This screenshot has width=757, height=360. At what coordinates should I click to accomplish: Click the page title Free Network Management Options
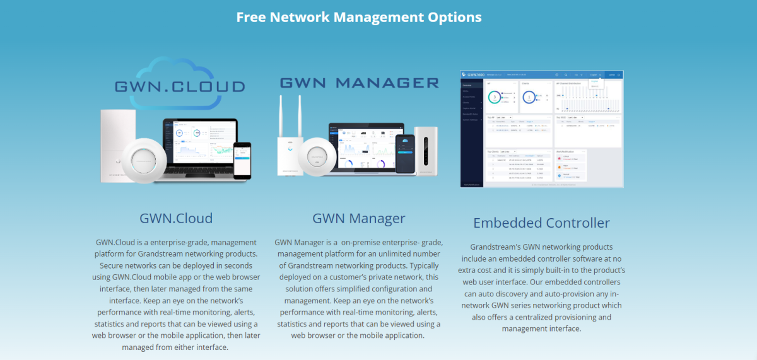point(359,17)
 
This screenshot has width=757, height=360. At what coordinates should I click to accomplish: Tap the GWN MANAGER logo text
point(359,83)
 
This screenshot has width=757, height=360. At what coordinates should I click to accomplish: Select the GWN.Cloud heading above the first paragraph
point(176,219)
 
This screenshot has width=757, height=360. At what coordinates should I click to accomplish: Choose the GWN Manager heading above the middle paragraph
point(358,219)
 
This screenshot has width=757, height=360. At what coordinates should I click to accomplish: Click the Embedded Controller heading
point(541,223)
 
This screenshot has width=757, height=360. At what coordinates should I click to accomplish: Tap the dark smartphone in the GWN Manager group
point(404,154)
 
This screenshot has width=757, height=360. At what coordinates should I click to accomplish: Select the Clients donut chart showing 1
point(529,98)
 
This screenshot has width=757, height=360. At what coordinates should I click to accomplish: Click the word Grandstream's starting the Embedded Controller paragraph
point(494,247)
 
